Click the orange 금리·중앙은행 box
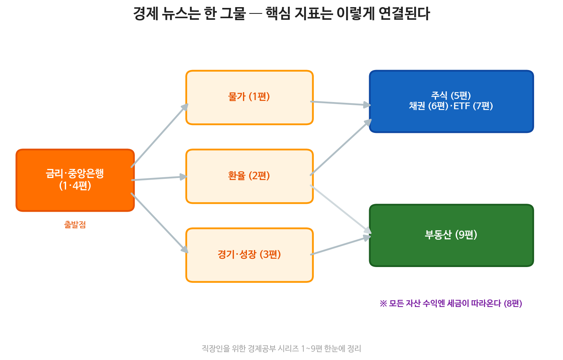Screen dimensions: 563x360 [x=75, y=180]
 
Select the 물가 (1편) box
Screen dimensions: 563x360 [x=249, y=98]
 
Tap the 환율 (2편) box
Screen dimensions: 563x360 [x=249, y=176]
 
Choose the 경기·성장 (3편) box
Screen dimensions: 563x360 [x=249, y=255]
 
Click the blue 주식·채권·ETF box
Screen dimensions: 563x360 [x=451, y=101]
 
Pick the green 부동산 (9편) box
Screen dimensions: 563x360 [x=451, y=235]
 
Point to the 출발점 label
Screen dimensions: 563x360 [x=75, y=224]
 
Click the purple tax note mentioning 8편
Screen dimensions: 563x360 [x=451, y=303]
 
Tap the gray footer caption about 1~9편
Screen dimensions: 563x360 [x=281, y=349]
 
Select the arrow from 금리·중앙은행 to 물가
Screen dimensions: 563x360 [x=159, y=135]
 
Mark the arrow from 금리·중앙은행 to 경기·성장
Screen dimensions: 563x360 [x=159, y=223]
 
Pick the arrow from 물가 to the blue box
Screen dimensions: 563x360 [x=341, y=103]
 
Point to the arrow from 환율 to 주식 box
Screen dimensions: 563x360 [x=341, y=147]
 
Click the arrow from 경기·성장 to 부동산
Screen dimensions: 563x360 [x=341, y=245]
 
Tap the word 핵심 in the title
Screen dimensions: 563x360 [x=278, y=13]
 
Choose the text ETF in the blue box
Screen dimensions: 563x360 [x=462, y=106]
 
